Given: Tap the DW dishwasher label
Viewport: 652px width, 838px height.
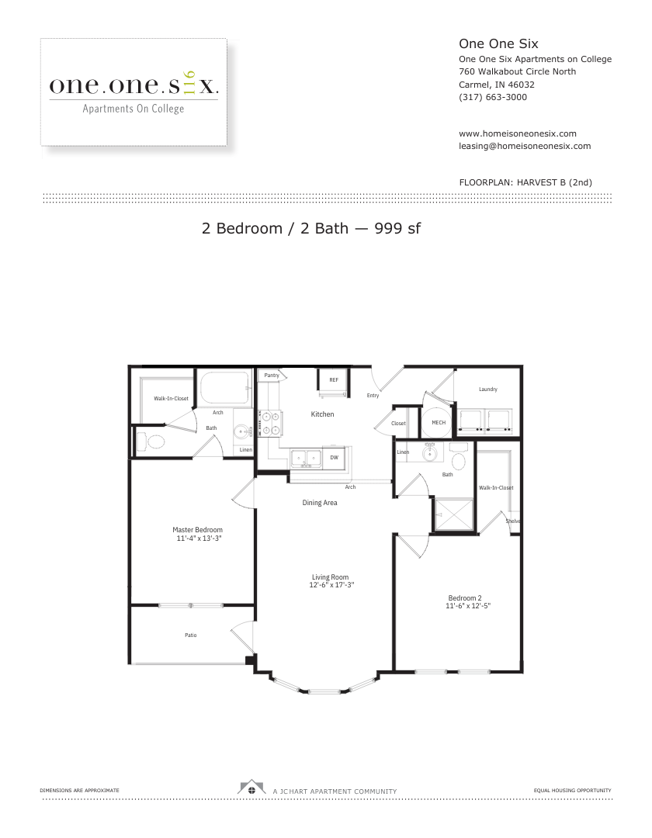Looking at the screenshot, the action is (334, 458).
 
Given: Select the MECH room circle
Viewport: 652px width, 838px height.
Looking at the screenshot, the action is (439, 422).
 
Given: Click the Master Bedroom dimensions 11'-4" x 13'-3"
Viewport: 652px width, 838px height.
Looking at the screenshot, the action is (199, 538).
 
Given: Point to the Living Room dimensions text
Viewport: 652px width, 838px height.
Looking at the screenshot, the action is (331, 585).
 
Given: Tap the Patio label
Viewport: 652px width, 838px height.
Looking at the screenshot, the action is (191, 635).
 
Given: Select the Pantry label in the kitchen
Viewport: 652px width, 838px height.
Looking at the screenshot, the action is (272, 376).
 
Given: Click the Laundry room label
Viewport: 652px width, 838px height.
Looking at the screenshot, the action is (488, 389).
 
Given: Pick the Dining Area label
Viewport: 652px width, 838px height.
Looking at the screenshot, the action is (320, 502).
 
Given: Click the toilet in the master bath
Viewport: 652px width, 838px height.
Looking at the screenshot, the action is (151, 442).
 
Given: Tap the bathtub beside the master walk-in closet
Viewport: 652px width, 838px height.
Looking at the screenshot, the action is (224, 388).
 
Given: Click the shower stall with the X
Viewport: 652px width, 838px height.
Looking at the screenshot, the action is (454, 514).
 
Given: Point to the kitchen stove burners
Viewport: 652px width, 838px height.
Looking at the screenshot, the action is (270, 423).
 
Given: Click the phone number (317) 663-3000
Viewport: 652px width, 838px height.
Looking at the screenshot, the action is (493, 97).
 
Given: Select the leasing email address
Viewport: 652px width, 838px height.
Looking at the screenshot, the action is (525, 146).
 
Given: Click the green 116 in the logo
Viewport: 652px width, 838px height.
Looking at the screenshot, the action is (189, 83).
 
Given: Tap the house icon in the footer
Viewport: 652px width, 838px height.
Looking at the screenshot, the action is (251, 788).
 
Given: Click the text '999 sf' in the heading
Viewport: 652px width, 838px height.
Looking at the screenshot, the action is (397, 228).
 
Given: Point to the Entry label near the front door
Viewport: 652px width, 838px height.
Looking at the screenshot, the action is (373, 396).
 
